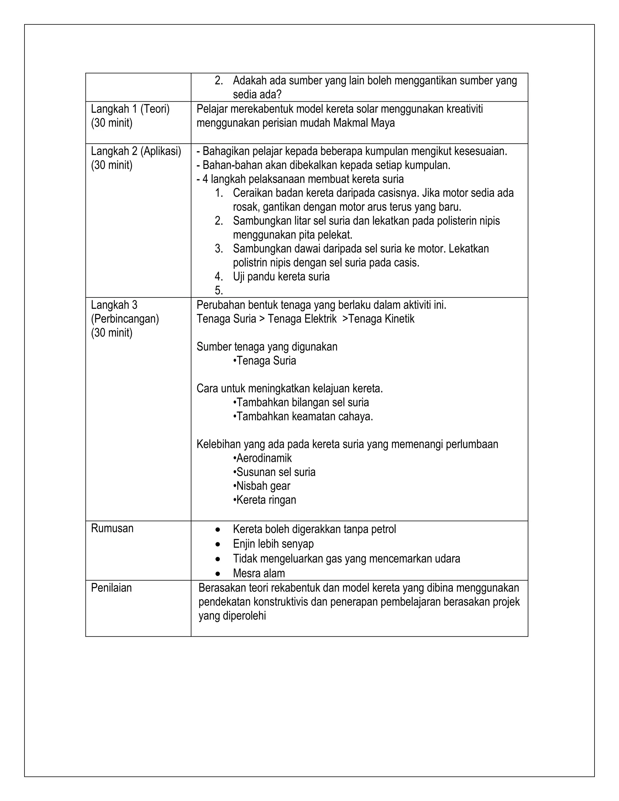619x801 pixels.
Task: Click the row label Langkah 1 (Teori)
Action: (x=130, y=109)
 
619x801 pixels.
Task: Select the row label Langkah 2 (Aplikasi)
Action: (x=136, y=151)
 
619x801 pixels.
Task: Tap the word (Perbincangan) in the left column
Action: (x=125, y=319)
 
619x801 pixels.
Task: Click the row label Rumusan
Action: (x=112, y=528)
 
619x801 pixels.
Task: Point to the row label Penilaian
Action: (x=111, y=588)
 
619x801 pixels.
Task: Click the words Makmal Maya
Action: (x=364, y=123)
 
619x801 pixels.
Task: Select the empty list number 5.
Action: (x=219, y=290)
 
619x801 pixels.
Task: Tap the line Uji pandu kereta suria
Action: (x=281, y=277)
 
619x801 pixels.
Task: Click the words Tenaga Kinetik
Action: (x=381, y=319)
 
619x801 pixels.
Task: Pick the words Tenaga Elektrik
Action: (x=302, y=319)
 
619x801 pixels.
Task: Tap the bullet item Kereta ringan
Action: (x=265, y=500)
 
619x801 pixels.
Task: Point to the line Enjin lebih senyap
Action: (x=273, y=544)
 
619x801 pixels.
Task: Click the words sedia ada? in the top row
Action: (x=257, y=95)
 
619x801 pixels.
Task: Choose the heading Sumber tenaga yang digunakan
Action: (x=267, y=347)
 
